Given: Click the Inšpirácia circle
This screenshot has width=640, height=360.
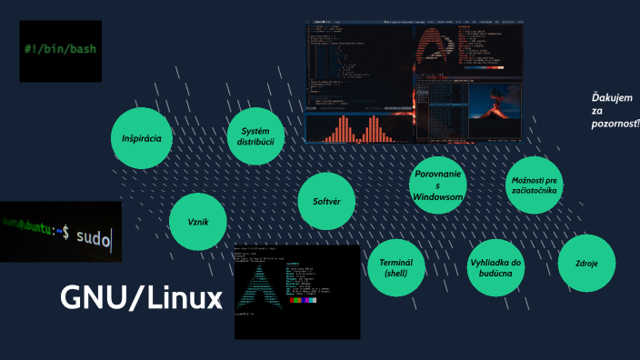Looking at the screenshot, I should click(142, 139).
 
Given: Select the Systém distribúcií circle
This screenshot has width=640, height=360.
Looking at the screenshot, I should click(255, 136).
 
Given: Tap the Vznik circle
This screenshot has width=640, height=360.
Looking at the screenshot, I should click(198, 222).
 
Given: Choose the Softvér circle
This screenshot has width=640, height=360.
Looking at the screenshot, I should click(325, 200).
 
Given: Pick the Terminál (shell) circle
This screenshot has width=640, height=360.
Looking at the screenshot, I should click(395, 267).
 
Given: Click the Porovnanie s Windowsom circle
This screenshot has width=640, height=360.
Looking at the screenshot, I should click(438, 185).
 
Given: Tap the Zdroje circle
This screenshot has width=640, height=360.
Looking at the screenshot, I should click(586, 264).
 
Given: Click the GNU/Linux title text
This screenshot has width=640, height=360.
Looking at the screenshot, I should click(140, 297).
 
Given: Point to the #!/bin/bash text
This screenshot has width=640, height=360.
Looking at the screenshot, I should click(60, 46).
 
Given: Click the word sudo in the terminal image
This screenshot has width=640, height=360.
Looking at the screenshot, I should click(92, 238).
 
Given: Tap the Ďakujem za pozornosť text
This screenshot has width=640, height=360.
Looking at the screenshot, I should click(615, 108).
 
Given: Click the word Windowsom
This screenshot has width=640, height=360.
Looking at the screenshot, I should click(438, 196).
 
